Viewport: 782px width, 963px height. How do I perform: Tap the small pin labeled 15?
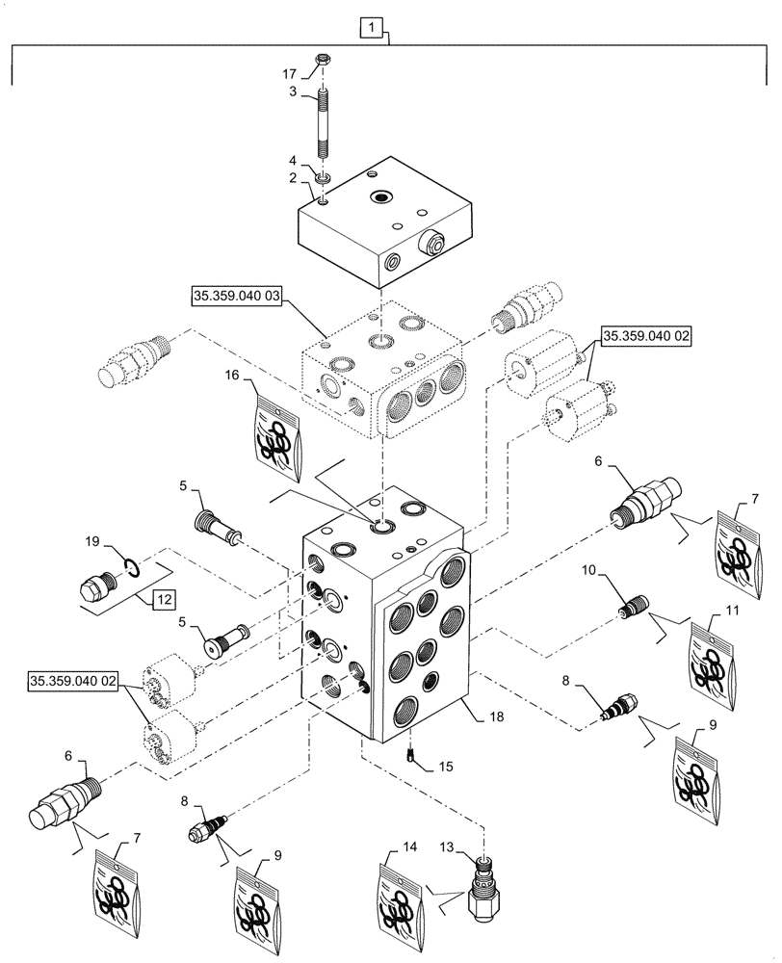pyautogui.click(x=410, y=759)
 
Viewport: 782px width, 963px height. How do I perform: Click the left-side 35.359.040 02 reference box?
pyautogui.click(x=73, y=681)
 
